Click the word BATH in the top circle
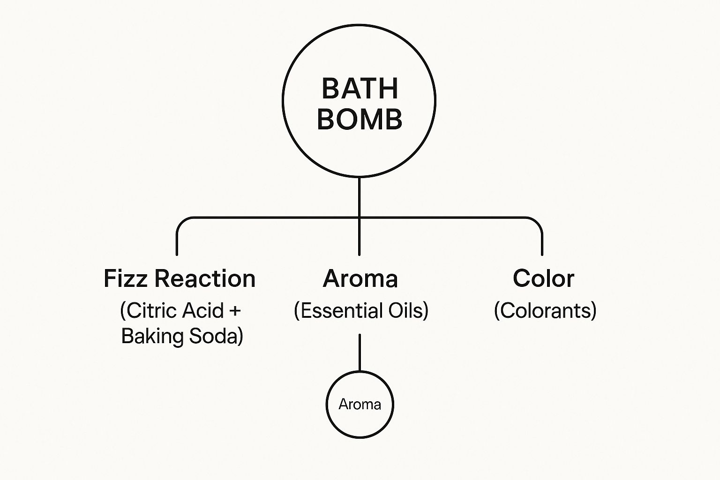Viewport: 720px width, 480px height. coord(360,89)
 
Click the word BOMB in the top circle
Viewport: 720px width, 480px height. coord(360,119)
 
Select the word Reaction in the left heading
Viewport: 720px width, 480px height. coord(205,278)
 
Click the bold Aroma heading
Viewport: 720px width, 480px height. coord(360,278)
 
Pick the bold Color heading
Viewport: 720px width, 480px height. coord(544,278)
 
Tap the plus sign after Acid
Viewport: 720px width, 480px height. coord(235,311)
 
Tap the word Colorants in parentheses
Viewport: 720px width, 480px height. coord(545,311)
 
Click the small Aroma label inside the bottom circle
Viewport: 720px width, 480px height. coord(360,405)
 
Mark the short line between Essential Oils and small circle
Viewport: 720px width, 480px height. coord(360,352)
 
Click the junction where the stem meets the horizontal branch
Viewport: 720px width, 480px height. coord(360,218)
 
